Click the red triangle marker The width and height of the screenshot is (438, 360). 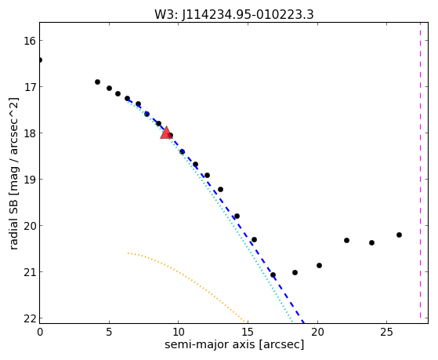(166, 133)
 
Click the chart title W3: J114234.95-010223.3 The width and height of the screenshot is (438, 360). (234, 15)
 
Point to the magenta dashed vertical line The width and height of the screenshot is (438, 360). (420, 170)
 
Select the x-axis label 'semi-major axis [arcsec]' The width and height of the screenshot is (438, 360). (234, 344)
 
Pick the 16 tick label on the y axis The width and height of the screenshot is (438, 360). (30, 41)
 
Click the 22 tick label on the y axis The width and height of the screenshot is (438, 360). (30, 318)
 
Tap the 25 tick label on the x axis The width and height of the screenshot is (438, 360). (386, 332)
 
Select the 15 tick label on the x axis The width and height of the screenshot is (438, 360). (248, 332)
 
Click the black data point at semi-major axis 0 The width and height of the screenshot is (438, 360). (40, 60)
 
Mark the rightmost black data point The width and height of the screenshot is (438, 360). (399, 235)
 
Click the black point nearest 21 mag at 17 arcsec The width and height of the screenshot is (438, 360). (273, 275)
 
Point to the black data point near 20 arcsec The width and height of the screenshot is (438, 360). (319, 265)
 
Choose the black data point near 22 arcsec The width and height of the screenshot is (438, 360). (346, 240)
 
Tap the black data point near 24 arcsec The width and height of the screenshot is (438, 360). (372, 243)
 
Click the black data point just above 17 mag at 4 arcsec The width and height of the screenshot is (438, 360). (97, 82)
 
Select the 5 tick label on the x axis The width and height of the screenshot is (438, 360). (109, 332)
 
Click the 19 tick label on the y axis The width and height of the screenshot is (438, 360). (30, 180)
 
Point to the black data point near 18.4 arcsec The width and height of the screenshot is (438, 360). (295, 272)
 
